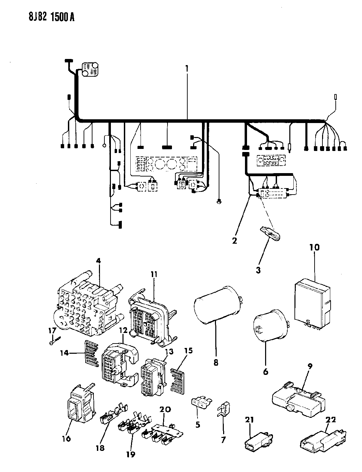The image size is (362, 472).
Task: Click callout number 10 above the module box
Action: (x=315, y=247)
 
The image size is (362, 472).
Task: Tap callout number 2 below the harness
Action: (x=234, y=241)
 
